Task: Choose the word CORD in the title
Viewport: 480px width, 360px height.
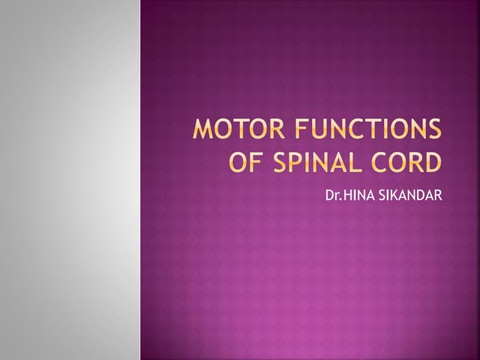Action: click(409, 162)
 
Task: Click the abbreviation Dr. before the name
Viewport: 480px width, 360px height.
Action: click(332, 197)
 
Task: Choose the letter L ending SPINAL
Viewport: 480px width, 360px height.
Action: click(353, 162)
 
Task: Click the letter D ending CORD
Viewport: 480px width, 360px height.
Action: click(433, 162)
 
